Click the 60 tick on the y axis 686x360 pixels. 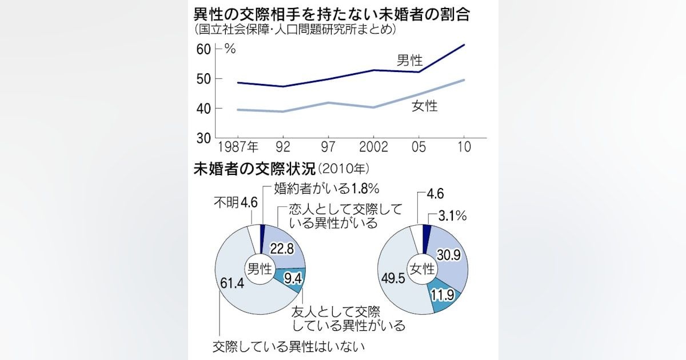pos(204,49)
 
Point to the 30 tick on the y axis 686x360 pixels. pos(204,138)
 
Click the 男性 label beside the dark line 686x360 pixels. pos(410,61)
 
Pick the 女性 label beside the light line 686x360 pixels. pos(424,106)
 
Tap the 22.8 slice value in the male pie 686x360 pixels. pos(284,249)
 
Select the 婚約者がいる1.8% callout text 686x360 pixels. pos(327,188)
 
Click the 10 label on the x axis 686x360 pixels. pos(464,147)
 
